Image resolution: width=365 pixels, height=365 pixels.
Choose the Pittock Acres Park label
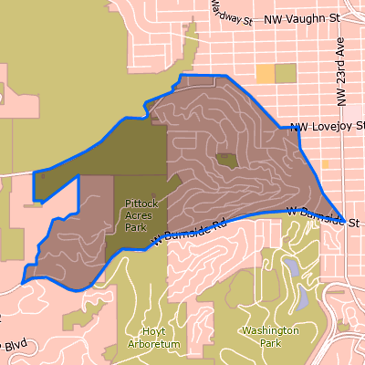tap(135, 216)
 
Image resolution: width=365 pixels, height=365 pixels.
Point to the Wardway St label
tap(228, 14)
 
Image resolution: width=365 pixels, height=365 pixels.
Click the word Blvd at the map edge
tap(16, 348)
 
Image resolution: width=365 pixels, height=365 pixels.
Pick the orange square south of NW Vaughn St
tap(265, 74)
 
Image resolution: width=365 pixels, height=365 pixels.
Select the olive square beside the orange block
tap(286, 74)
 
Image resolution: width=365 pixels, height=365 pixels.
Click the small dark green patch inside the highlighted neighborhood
tap(226, 161)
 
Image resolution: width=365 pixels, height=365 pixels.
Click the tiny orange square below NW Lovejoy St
tap(326, 164)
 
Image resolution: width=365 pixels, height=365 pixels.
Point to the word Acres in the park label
tap(135, 216)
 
